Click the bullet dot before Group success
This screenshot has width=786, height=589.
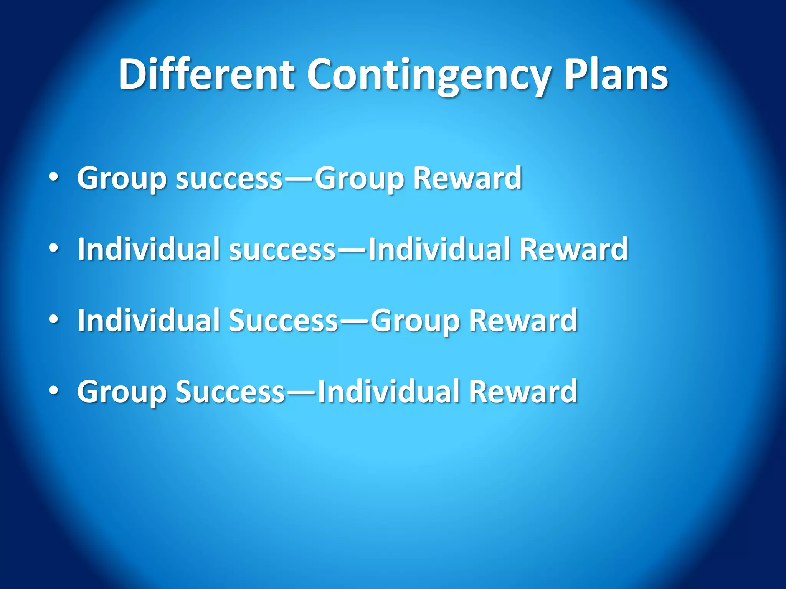pyautogui.click(x=54, y=177)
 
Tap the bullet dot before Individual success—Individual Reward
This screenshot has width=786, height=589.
pyautogui.click(x=54, y=248)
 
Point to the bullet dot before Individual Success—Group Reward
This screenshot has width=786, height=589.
pyautogui.click(x=54, y=320)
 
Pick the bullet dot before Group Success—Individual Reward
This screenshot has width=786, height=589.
pyautogui.click(x=54, y=391)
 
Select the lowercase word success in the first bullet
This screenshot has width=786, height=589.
pyautogui.click(x=229, y=179)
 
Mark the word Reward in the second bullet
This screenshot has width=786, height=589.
pyautogui.click(x=573, y=249)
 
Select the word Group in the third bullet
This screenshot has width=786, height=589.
pyautogui.click(x=415, y=321)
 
